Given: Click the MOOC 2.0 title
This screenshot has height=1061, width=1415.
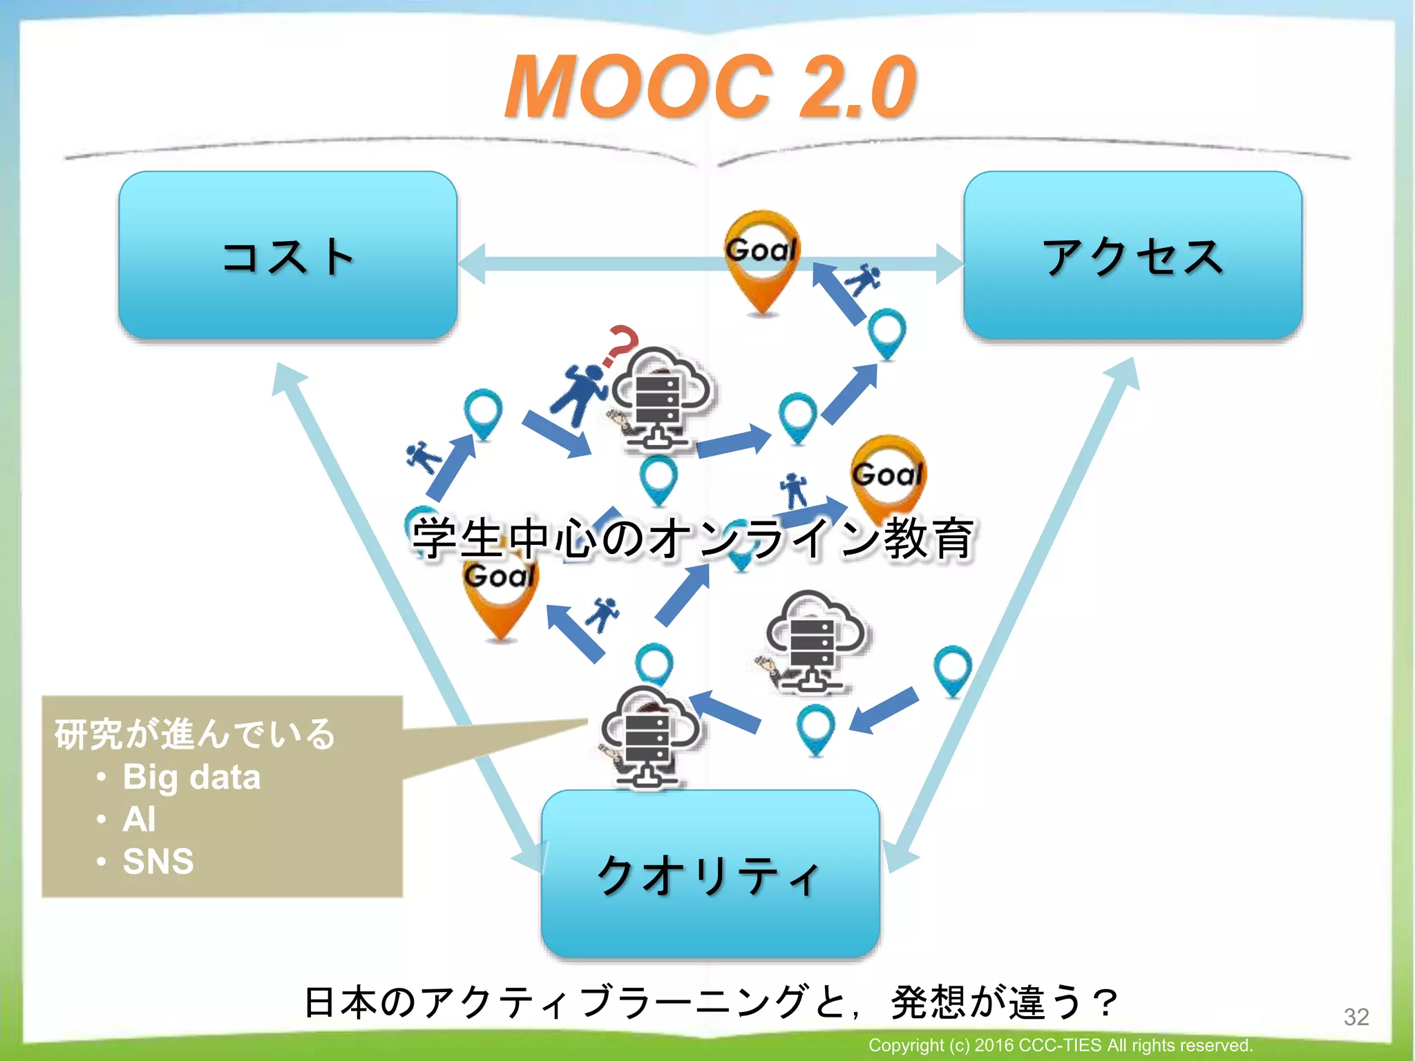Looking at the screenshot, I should click(710, 88).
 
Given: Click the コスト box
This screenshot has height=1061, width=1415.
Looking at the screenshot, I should click(288, 256).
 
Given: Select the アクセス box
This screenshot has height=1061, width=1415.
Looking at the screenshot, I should click(1132, 256).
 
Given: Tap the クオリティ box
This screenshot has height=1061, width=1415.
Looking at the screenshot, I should click(710, 874).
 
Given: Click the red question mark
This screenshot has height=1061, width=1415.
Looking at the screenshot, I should click(620, 345).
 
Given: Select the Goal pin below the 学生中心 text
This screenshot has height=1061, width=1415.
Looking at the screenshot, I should click(500, 594).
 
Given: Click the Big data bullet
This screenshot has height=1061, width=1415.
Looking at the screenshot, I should click(191, 777).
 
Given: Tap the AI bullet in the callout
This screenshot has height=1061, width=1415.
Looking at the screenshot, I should click(139, 819).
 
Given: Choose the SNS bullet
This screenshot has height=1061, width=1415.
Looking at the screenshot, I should click(158, 861).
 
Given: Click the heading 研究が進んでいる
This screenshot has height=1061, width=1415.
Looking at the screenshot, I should click(195, 734).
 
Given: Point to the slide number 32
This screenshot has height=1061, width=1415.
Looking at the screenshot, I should click(1356, 1017).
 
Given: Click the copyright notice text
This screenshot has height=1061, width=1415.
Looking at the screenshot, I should click(1060, 1045).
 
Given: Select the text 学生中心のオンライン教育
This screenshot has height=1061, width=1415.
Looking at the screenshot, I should click(693, 539).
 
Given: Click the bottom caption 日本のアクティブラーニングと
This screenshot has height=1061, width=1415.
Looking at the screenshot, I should click(710, 1002).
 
